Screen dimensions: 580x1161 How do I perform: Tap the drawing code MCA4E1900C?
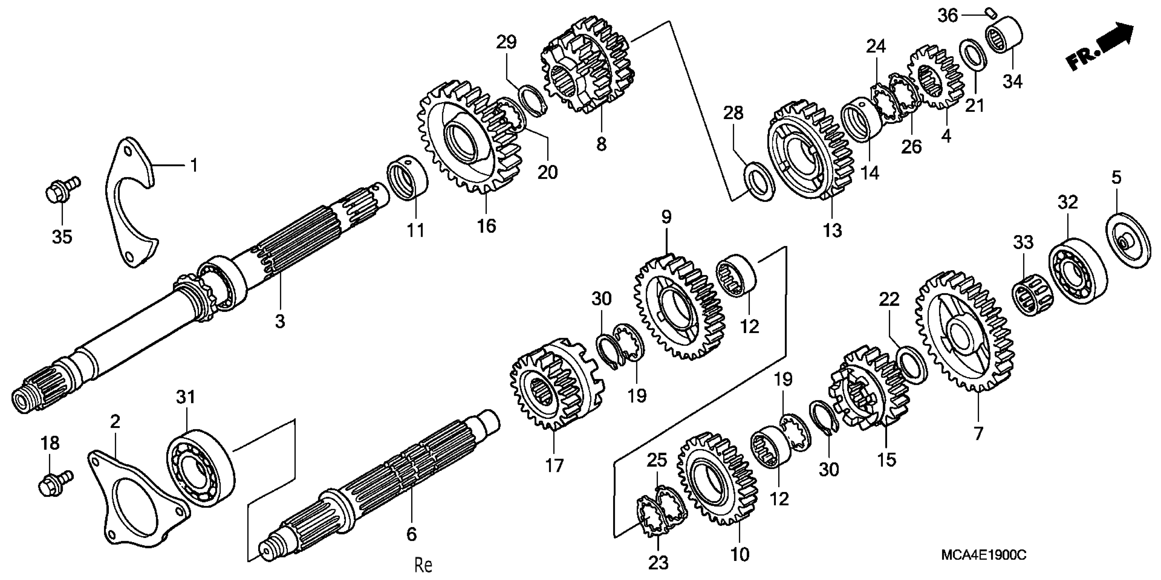click(x=983, y=555)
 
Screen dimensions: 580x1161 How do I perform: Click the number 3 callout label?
click(x=280, y=322)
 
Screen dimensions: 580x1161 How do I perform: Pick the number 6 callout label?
click(x=411, y=535)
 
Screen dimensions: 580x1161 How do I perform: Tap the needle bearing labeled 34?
click(x=1004, y=35)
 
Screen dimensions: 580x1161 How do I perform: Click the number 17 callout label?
click(x=554, y=465)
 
